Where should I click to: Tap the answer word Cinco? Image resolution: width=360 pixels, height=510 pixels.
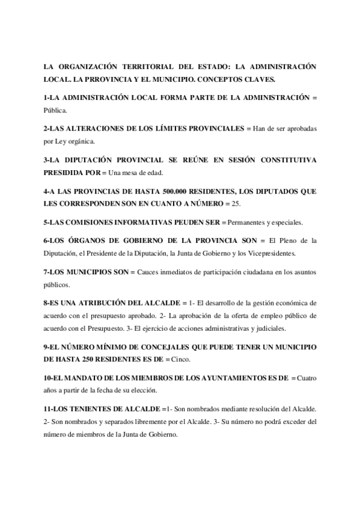tap(181, 360)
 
